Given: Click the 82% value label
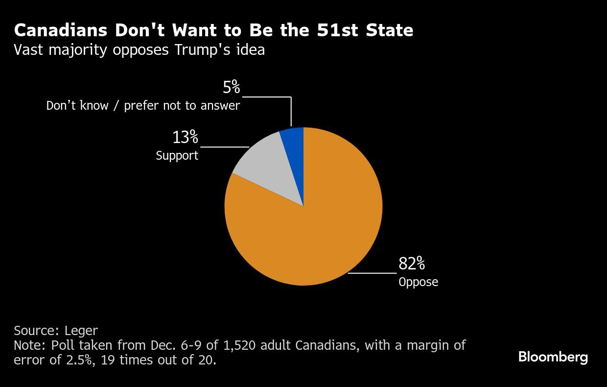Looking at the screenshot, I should coord(411,264).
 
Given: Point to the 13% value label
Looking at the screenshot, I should coord(185,138).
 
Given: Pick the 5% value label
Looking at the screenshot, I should coord(231,88).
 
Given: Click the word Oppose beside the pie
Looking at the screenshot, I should coord(418,282).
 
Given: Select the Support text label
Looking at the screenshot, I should coord(177,156).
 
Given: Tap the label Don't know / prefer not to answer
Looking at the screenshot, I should coord(143,105).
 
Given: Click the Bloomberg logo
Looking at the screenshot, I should coord(553,357).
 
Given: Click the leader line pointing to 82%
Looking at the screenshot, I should coord(372,273).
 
